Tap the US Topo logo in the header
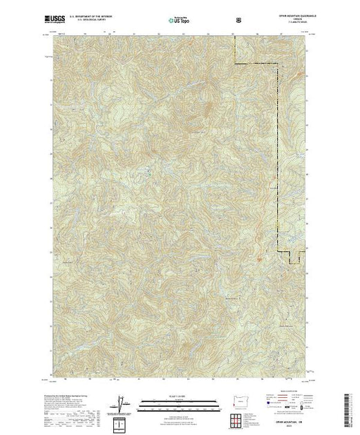tap(179, 21)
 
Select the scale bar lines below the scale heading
tap(179, 402)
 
